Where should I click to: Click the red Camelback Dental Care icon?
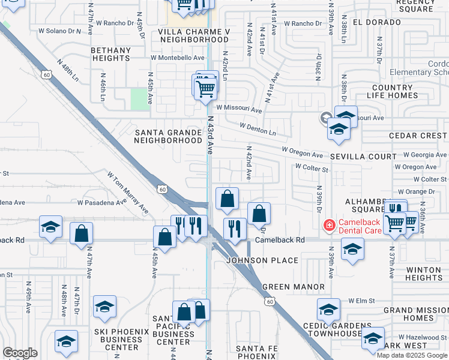click(x=329, y=226)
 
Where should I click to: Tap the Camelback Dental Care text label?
click(x=364, y=226)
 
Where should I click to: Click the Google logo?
click(x=20, y=353)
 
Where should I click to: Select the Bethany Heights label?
click(x=111, y=55)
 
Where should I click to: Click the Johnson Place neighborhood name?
click(x=262, y=260)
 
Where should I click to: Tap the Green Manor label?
click(x=294, y=287)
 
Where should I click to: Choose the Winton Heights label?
click(x=423, y=274)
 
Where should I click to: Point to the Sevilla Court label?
click(x=364, y=157)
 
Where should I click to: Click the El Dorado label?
click(x=376, y=22)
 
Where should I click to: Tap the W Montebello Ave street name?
click(x=178, y=58)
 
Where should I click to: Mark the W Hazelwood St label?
click(x=420, y=337)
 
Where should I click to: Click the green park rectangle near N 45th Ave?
click(x=140, y=99)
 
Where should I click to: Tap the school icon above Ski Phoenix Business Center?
click(x=104, y=308)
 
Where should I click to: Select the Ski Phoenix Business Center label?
click(x=117, y=339)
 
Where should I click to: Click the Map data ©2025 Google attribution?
click(x=412, y=355)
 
